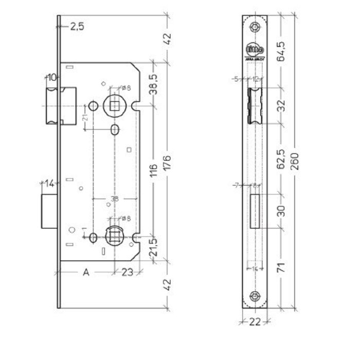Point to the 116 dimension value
tap(153, 170)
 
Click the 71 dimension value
tap(281, 267)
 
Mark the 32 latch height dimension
tap(281, 105)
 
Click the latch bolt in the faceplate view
tap(255, 105)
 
